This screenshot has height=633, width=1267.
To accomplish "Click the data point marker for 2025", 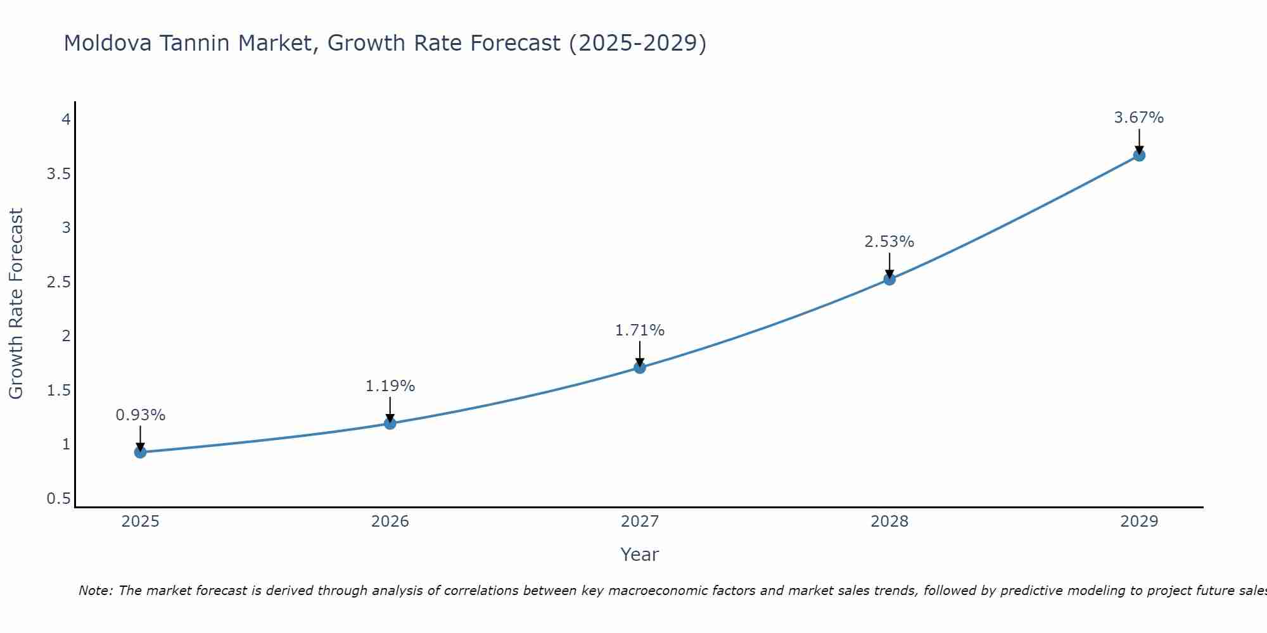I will point(141,452).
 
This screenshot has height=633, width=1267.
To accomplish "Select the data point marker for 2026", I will point(390,423).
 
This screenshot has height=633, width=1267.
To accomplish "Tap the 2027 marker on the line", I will point(640,367).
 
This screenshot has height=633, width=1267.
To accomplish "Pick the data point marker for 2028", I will point(889,279).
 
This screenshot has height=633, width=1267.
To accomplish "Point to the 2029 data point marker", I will point(1139,155).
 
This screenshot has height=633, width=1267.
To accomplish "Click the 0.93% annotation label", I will point(141,415).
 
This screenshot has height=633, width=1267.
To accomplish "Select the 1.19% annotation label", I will point(390,386).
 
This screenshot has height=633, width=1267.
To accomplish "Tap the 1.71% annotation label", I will point(640,330).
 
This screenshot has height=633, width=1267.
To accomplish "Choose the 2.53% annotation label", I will point(889,242).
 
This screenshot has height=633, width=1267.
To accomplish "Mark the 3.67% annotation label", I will point(1139,118).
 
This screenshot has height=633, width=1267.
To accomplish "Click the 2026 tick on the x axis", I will point(390,522).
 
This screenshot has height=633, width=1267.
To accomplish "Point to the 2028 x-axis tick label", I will point(889,522).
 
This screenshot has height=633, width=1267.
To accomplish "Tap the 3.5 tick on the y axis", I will point(58,173).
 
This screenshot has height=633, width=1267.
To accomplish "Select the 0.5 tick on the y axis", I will point(58,499).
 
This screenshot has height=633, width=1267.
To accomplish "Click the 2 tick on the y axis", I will point(66,336).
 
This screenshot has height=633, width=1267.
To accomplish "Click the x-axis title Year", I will point(640,555).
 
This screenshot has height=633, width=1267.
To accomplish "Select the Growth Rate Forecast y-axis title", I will point(16,304).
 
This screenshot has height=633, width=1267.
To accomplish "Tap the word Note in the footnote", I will point(95,591).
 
